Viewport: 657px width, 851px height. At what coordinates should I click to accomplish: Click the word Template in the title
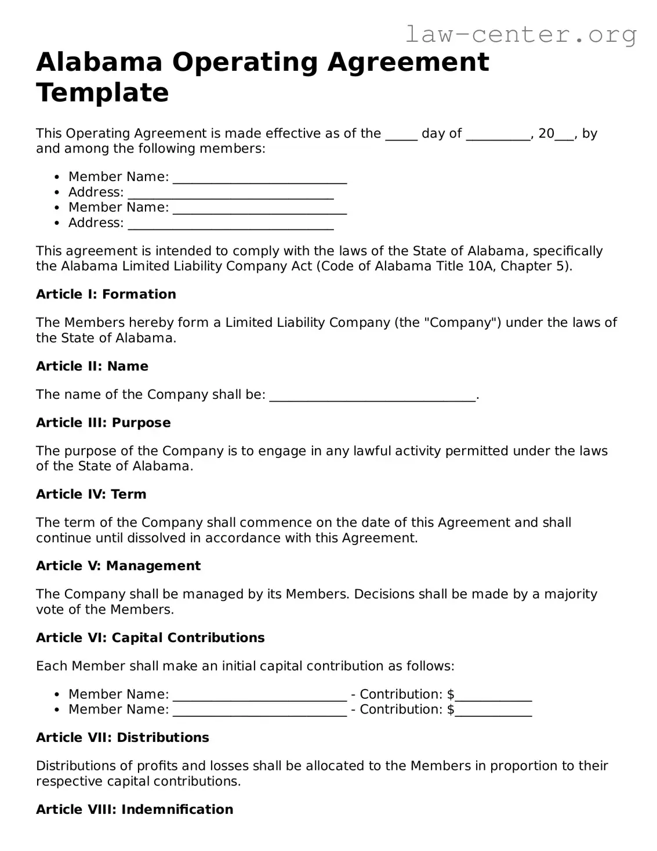pyautogui.click(x=103, y=93)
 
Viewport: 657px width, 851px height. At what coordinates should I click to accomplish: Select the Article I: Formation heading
pyautogui.click(x=106, y=294)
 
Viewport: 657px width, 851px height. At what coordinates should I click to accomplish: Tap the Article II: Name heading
pyautogui.click(x=92, y=366)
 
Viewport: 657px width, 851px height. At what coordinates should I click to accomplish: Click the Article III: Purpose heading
pyautogui.click(x=103, y=423)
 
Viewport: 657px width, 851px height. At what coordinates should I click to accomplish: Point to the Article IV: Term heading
pyautogui.click(x=91, y=494)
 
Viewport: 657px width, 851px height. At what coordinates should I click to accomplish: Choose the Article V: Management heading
pyautogui.click(x=118, y=566)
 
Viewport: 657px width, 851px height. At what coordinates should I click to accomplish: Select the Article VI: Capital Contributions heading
pyautogui.click(x=150, y=637)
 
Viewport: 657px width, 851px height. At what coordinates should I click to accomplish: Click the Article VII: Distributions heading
pyautogui.click(x=122, y=737)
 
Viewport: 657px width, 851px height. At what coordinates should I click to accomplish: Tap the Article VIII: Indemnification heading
pyautogui.click(x=135, y=809)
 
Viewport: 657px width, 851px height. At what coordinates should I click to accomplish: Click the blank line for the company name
pyautogui.click(x=372, y=396)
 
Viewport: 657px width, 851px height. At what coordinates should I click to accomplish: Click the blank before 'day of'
pyautogui.click(x=401, y=135)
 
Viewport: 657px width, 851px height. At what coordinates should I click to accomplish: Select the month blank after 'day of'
pyautogui.click(x=498, y=135)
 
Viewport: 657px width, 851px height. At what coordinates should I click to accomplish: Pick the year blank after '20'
pyautogui.click(x=564, y=135)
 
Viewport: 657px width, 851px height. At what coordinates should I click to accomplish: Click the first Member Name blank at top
pyautogui.click(x=260, y=178)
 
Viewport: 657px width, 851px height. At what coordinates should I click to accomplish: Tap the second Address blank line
pyautogui.click(x=230, y=224)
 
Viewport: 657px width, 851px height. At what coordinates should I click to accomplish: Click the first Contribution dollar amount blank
pyautogui.click(x=493, y=695)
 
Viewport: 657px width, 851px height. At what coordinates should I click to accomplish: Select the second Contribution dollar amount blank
pyautogui.click(x=493, y=711)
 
